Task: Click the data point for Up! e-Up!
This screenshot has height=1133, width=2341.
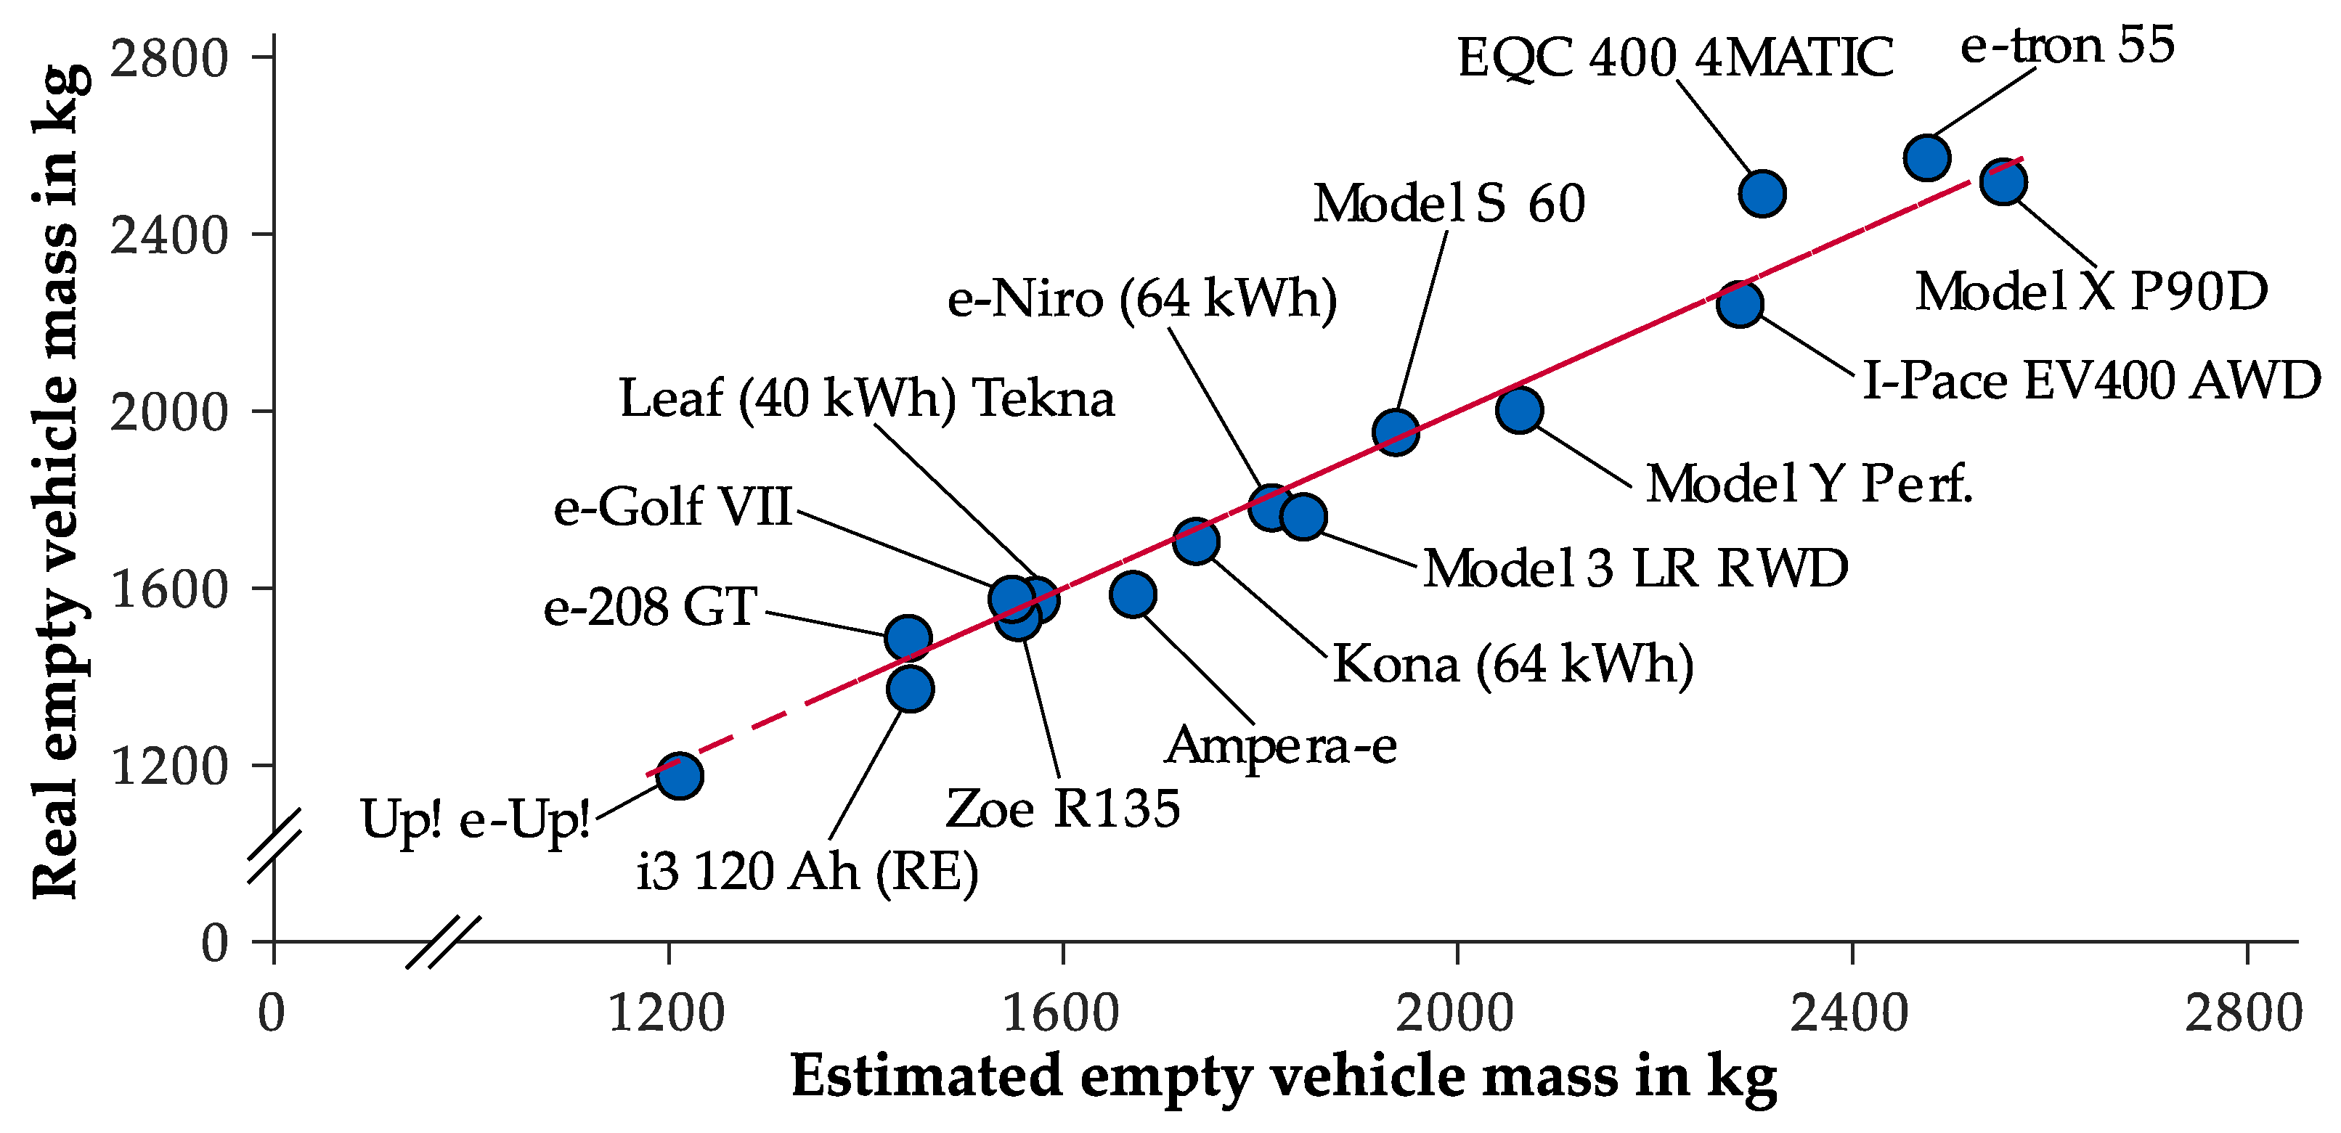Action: (679, 775)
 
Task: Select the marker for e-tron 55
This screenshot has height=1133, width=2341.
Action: (1926, 158)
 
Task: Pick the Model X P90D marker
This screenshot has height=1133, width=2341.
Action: (2003, 181)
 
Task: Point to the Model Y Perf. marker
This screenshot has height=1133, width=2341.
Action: (1518, 410)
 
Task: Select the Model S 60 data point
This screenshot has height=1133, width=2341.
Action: (1396, 432)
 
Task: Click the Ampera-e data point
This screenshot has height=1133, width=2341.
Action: (1132, 594)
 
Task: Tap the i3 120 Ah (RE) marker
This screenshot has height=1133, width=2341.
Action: (910, 688)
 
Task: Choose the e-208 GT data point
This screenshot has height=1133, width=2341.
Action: (907, 638)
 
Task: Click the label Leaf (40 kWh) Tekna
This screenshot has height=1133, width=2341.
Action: (866, 398)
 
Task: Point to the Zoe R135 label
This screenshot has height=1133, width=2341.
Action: (1062, 808)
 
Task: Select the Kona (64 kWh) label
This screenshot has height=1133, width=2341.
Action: (1513, 664)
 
